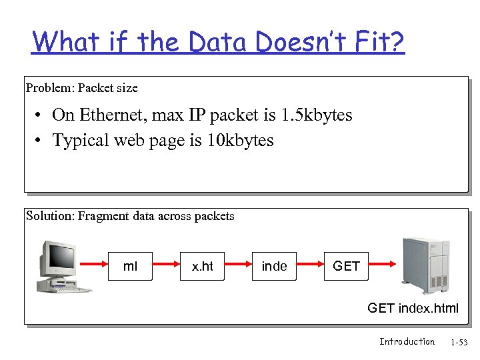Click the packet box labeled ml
[131, 266]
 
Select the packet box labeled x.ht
[203, 266]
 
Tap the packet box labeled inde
[274, 266]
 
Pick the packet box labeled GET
[346, 266]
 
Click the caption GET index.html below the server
[413, 308]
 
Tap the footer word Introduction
[407, 341]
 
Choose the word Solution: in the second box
[51, 215]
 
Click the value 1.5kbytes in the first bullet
[316, 115]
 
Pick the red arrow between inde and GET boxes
[310, 266]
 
